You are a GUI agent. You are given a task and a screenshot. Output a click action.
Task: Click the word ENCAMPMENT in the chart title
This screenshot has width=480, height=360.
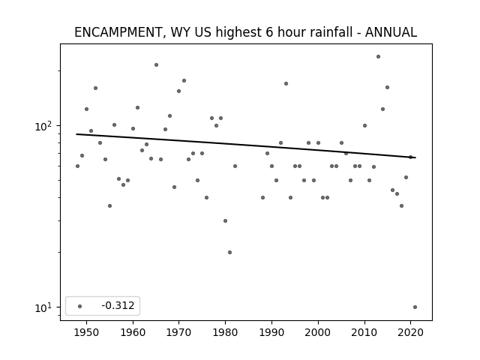(x=118, y=32)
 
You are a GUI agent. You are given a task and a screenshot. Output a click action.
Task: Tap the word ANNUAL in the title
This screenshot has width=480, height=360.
(x=391, y=32)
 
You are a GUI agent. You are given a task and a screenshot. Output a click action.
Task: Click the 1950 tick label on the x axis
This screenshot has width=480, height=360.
(x=87, y=332)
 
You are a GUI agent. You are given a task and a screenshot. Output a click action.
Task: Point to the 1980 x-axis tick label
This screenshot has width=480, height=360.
(x=225, y=332)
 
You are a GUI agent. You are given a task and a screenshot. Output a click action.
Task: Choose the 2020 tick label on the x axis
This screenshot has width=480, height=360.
(x=410, y=332)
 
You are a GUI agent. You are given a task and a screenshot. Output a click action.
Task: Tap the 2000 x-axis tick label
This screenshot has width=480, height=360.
(x=318, y=332)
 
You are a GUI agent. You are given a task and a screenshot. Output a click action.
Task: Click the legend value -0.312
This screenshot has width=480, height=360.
(x=118, y=305)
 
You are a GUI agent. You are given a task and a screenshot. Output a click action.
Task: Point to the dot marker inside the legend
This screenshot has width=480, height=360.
(x=79, y=306)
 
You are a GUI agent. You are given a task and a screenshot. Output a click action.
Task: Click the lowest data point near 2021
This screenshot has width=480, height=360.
(x=415, y=307)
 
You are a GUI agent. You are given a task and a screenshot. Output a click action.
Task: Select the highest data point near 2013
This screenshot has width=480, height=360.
(x=378, y=57)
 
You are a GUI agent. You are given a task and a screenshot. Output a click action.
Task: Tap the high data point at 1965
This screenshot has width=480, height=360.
(x=156, y=65)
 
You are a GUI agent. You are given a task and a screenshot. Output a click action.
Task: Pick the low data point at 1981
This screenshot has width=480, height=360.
(x=230, y=252)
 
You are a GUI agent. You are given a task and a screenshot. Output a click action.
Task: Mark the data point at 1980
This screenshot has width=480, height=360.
(x=225, y=220)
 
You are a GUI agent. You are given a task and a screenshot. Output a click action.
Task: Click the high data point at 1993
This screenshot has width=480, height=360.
(x=286, y=83)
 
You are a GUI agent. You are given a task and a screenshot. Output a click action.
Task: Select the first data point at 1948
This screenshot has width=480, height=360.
(x=77, y=166)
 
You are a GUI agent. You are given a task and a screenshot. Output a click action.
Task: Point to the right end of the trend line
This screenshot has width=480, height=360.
(x=415, y=157)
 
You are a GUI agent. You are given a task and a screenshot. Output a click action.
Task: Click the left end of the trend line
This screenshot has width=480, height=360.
(x=76, y=134)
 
